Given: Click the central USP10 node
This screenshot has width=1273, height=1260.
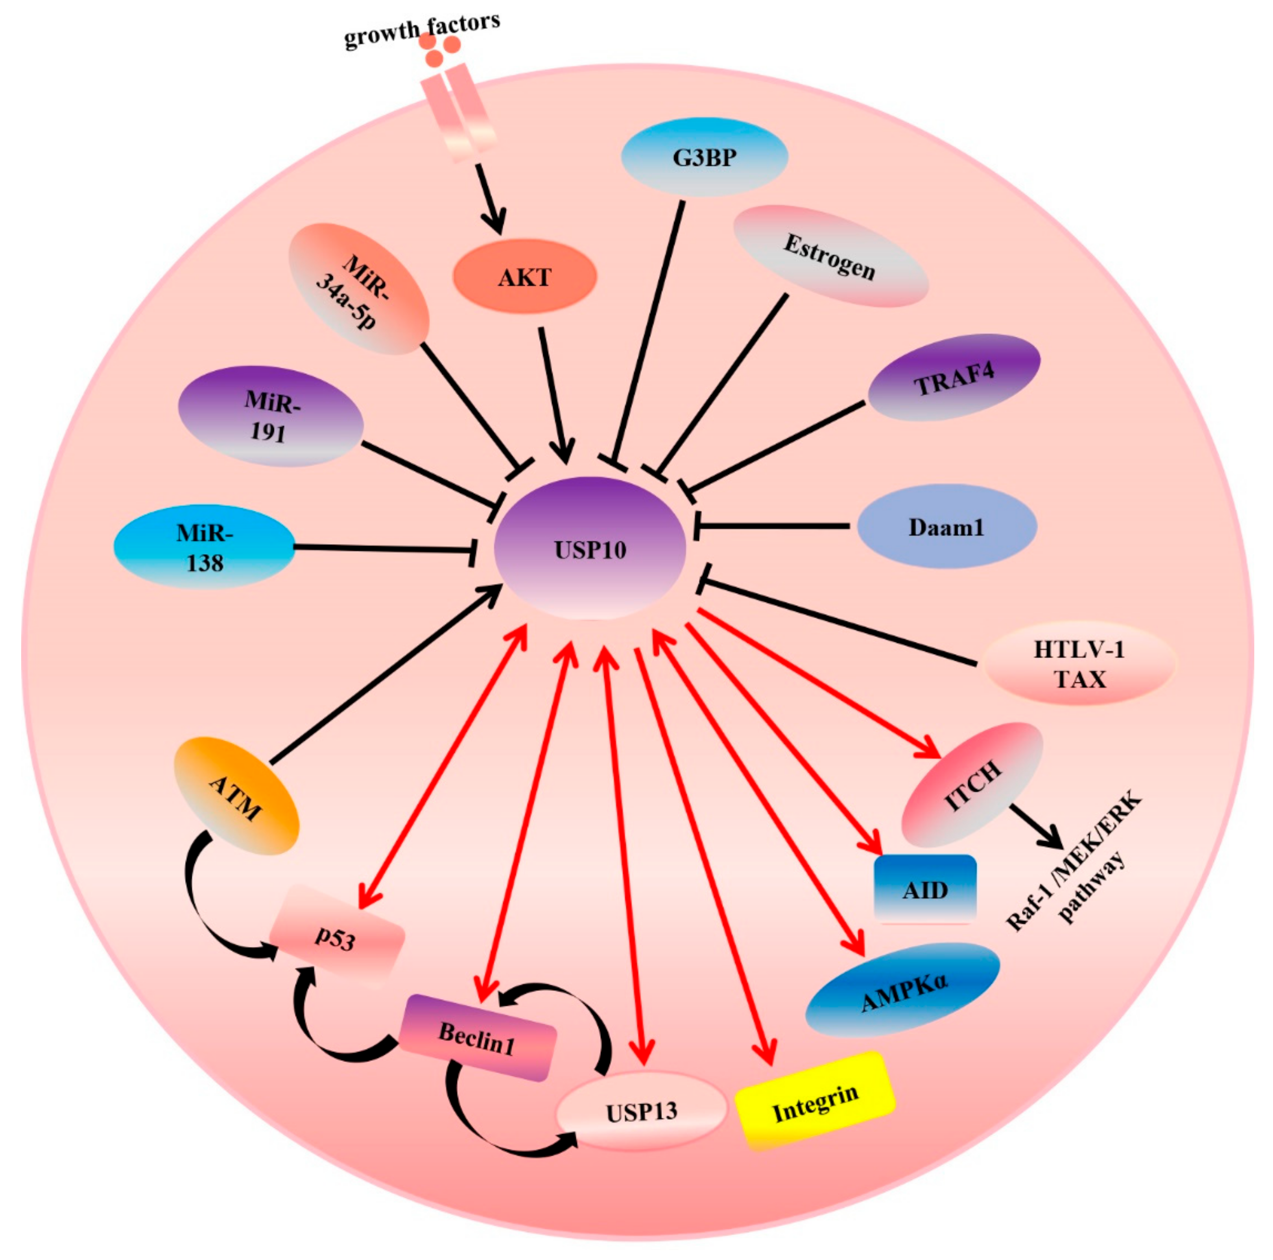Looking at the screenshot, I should coord(590,548).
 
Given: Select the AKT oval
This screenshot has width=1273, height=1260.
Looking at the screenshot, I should coord(524,277).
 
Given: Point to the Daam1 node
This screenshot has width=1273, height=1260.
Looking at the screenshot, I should coord(946,527).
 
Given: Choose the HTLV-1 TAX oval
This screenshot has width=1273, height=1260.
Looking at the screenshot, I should coord(1079,664).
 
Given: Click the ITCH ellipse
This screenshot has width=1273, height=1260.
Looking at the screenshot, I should coord(972,784).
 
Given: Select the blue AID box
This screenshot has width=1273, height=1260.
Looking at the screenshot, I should coord(924,890).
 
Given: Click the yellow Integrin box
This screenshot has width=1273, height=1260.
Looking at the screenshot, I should coord(815,1101).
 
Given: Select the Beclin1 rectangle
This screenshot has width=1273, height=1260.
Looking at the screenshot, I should coord(478,1038).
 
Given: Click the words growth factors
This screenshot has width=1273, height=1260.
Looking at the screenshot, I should coord(422,30).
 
